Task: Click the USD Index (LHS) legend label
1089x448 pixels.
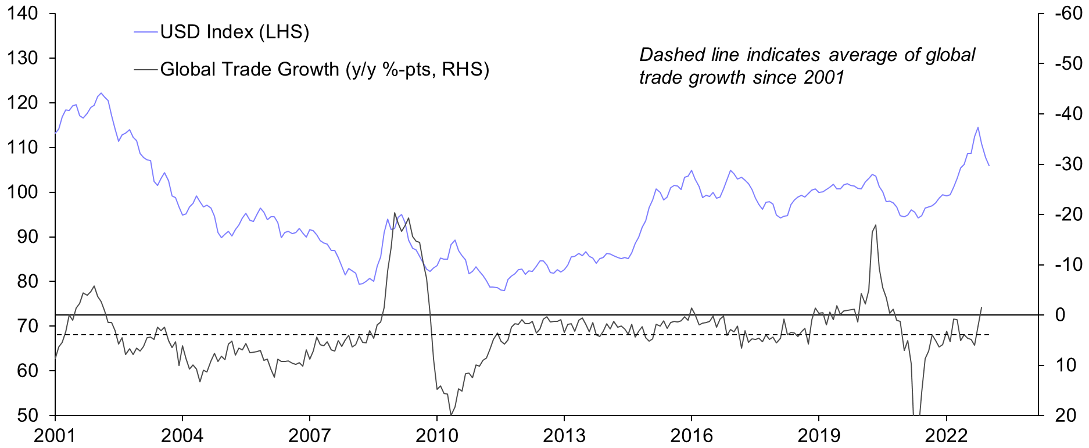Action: click(x=234, y=32)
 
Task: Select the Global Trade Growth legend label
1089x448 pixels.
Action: click(x=324, y=70)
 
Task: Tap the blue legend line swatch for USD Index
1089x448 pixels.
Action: click(x=146, y=32)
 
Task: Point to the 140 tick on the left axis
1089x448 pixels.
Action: click(x=23, y=13)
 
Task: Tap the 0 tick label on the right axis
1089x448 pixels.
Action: click(x=1061, y=315)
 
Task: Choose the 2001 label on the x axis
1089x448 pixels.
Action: click(x=55, y=435)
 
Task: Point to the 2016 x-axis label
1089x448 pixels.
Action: click(x=692, y=435)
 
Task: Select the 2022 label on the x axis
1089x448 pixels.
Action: click(x=946, y=435)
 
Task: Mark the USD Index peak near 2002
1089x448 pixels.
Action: click(x=101, y=93)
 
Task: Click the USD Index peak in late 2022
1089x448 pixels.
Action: click(x=978, y=127)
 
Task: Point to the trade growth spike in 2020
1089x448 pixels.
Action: click(x=876, y=225)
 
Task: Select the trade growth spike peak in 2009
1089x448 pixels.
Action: click(x=395, y=213)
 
